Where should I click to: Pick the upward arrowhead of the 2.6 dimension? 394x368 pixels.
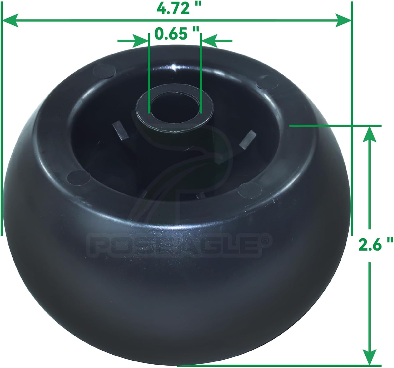coord(370,134)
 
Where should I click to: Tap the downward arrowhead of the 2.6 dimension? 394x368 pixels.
coord(370,356)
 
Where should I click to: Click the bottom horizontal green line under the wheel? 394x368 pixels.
coord(278,365)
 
